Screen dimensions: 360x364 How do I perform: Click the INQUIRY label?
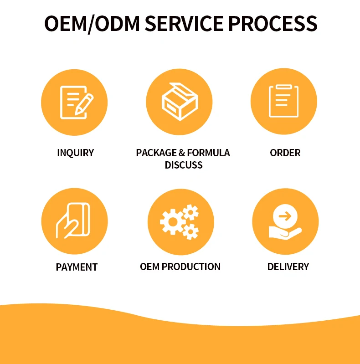click(76, 153)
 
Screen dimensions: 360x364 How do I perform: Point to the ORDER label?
click(285, 153)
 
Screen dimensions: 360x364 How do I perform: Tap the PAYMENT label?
click(77, 267)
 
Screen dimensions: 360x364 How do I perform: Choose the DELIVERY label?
click(288, 267)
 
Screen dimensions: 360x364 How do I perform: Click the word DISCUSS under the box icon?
click(184, 165)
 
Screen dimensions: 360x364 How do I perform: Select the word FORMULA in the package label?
click(209, 153)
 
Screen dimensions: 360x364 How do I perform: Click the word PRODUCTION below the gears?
click(191, 267)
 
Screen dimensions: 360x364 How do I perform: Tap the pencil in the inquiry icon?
click(84, 104)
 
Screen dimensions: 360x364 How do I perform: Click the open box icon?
click(180, 102)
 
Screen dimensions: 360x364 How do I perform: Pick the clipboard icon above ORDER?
click(284, 101)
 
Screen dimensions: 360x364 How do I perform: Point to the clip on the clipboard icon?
click(284, 87)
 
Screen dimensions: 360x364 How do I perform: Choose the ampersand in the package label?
click(182, 153)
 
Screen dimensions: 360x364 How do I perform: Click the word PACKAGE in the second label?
click(156, 153)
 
